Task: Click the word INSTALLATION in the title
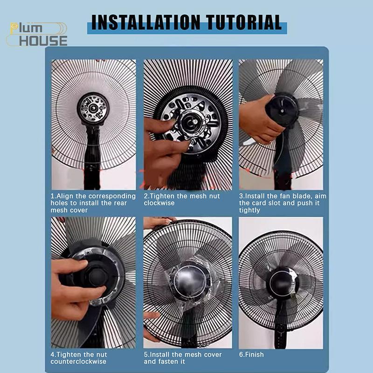click(x=145, y=22)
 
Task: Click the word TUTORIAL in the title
click(x=244, y=22)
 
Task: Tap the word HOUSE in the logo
click(x=43, y=41)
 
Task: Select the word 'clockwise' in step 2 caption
click(x=159, y=203)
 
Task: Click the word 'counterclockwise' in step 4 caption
click(x=78, y=361)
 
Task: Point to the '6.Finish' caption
click(x=251, y=354)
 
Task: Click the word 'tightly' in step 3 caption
click(x=249, y=210)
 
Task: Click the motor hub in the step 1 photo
click(x=93, y=109)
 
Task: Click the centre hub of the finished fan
click(x=282, y=283)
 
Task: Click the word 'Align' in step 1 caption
click(x=65, y=196)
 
